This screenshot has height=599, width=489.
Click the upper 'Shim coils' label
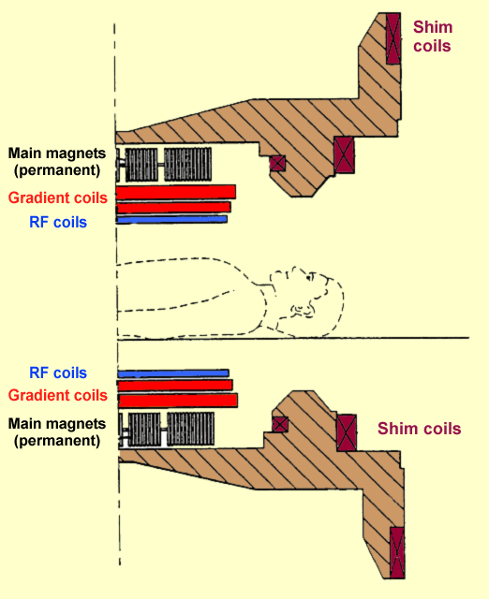433,37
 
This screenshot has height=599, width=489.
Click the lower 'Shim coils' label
419,429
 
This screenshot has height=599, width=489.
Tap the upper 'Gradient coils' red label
58,197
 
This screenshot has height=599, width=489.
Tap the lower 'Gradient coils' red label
58,395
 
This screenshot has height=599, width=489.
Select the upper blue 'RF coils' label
58,222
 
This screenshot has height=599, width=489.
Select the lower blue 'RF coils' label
58,373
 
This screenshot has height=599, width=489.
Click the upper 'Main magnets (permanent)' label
57,162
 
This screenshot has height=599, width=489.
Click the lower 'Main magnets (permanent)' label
57,432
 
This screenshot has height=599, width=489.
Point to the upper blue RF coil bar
171,220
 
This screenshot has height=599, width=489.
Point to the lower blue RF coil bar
173,373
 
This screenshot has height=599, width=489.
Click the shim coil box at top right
393,38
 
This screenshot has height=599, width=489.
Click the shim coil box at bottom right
397,552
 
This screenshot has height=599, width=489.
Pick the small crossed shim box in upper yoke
277,163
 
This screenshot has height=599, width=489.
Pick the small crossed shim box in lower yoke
279,424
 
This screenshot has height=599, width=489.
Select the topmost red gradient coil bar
176,192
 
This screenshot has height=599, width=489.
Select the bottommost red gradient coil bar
178,401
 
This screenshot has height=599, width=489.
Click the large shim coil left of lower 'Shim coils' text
347,432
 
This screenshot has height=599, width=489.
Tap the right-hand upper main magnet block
187,165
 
